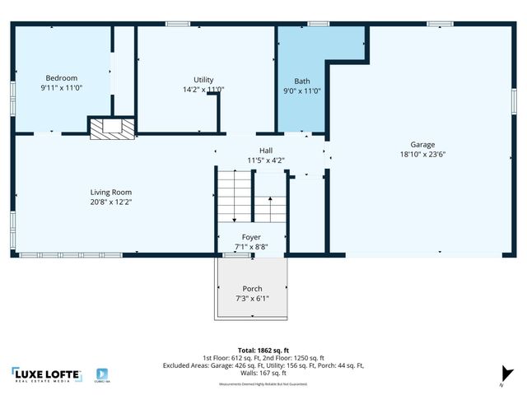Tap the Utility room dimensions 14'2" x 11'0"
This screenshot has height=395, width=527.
[x=203, y=90]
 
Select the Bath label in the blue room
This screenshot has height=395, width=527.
[x=302, y=81]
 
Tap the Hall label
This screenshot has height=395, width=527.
[x=265, y=151]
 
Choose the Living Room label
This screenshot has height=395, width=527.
[x=111, y=193]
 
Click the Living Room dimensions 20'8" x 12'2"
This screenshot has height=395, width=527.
[x=111, y=202]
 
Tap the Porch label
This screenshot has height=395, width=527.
[x=252, y=289]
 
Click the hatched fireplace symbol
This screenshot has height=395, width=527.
[x=112, y=126]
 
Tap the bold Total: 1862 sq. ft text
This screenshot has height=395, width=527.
[x=263, y=350]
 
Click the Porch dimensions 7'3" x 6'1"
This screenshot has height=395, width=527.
[x=252, y=298]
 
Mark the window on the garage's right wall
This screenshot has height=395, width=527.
[x=514, y=100]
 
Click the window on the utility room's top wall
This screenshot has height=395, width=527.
[x=178, y=24]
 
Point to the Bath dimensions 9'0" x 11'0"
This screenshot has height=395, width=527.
[x=302, y=91]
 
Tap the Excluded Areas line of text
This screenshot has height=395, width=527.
[x=263, y=365]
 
